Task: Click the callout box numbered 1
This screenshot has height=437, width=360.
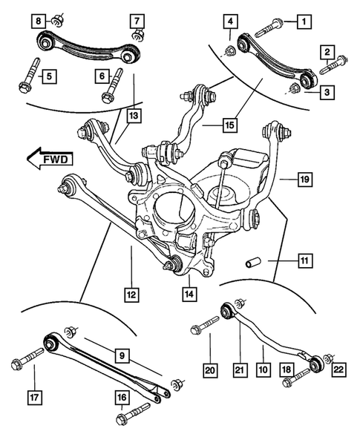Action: pyautogui.click(x=303, y=22)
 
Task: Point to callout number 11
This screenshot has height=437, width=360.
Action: pyautogui.click(x=304, y=260)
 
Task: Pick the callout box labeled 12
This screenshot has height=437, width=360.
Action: pyautogui.click(x=131, y=295)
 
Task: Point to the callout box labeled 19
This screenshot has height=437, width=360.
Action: pyautogui.click(x=303, y=178)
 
